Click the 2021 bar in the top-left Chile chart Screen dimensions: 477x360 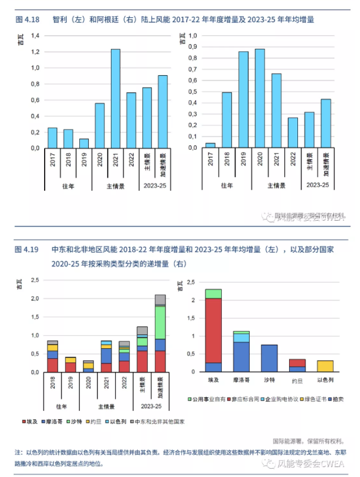coord(116,98)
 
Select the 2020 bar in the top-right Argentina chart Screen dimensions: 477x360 coord(260,98)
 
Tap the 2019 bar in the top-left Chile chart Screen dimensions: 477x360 coord(84,144)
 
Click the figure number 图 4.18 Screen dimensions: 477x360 coord(27,20)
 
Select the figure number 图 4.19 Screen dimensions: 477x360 coord(27,249)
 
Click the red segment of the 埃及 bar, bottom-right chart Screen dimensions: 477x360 coord(213,331)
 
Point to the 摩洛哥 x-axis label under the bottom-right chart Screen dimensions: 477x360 coord(241,380)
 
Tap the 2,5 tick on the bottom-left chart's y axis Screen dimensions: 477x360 coord(35,280)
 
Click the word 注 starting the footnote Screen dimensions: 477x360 coord(17,454)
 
